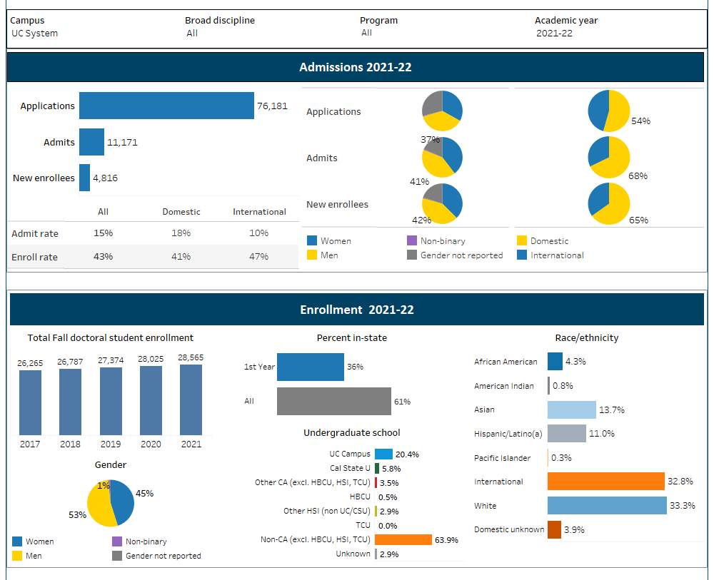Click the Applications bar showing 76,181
166,106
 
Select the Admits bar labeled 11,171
91,142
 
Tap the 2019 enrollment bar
111,401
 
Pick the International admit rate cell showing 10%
259,233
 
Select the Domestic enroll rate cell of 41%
181,256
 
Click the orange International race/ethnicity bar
605,482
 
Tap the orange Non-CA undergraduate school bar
403,540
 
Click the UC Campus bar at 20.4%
383,454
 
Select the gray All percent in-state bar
333,401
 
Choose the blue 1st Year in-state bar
310,367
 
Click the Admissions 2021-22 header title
355,68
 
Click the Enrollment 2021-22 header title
356,310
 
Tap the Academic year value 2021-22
554,34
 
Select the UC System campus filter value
35,34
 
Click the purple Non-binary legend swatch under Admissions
411,241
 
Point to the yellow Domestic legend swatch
522,241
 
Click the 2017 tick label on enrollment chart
30,444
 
